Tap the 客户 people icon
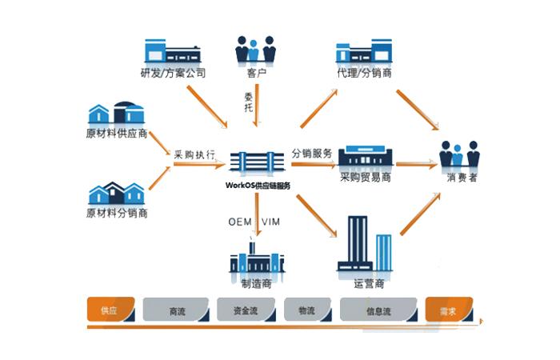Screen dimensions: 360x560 pyautogui.click(x=255, y=49)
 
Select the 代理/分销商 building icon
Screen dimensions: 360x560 pyautogui.click(x=364, y=51)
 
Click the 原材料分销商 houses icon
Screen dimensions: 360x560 pyautogui.click(x=117, y=192)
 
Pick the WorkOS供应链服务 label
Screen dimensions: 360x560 pyautogui.click(x=258, y=185)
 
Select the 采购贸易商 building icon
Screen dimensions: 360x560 pyautogui.click(x=366, y=158)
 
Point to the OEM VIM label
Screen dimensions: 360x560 pyautogui.click(x=253, y=221)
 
